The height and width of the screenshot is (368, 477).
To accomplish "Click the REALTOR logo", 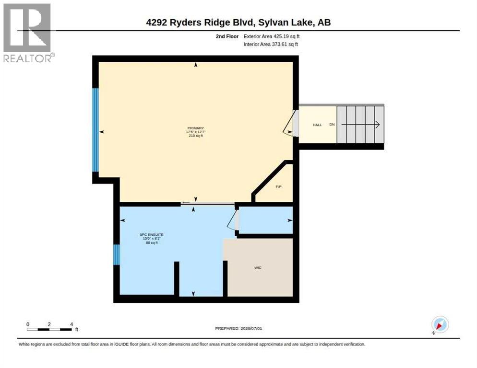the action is pos(27,33).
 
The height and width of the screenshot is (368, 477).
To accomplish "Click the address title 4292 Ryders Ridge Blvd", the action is pos(200,23).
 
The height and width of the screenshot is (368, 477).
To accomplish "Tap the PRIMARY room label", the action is pos(196,128).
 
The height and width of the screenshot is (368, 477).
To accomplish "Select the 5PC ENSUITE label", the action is pos(152,235).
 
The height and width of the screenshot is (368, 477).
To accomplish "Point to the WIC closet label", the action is pos(258,268).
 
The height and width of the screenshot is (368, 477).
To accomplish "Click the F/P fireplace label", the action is pos(278,186).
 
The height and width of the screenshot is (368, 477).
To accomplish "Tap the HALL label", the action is pos(317,125).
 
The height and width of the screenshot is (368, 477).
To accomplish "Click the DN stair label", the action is pos(332,124).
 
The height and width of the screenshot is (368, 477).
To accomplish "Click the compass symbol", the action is pos(440,325).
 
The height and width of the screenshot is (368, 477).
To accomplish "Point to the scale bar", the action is pos(49,329).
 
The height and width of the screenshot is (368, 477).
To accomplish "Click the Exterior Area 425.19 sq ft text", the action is pos(271,36).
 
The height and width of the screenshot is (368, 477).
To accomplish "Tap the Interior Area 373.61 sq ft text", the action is pos(271,45).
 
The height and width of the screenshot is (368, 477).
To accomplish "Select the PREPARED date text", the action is pos(238,329).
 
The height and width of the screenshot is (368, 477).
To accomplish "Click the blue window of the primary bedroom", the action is pos(95,130).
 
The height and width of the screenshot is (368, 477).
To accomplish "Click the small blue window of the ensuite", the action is pos(117,254).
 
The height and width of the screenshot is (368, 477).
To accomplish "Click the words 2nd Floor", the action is pos(227,36).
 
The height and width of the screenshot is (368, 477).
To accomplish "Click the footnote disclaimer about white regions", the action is pos(192,345).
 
